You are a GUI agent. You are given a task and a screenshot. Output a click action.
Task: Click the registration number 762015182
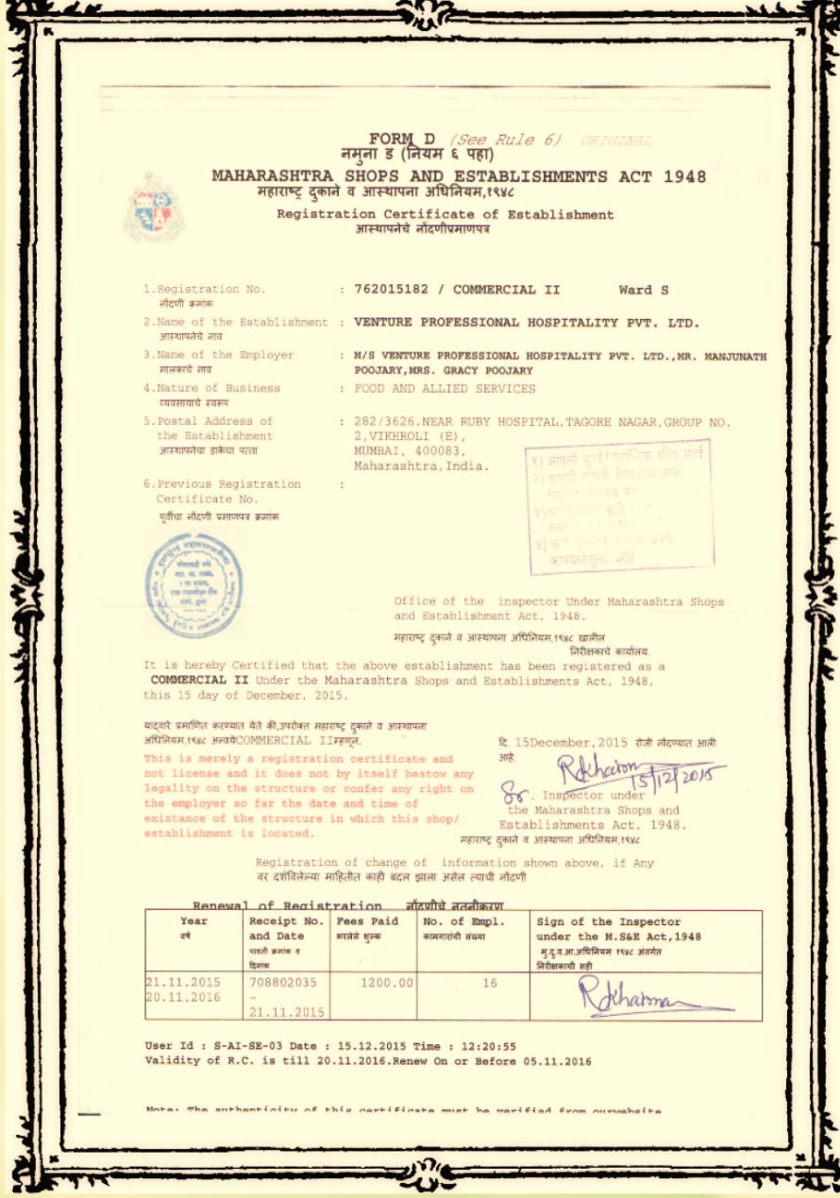click(390, 290)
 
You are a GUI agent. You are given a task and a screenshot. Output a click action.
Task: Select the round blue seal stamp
click(193, 585)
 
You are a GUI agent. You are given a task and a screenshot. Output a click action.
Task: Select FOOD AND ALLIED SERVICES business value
click(445, 388)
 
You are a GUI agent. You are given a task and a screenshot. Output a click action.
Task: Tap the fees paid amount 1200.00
click(387, 983)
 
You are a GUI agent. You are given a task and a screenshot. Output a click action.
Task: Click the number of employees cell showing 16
click(490, 983)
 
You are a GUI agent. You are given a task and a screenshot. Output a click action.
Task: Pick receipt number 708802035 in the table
click(283, 983)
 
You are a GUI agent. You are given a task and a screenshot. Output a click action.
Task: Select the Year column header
click(193, 921)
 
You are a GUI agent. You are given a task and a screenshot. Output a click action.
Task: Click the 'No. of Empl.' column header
click(464, 921)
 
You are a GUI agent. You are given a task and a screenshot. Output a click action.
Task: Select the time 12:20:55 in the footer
click(490, 1046)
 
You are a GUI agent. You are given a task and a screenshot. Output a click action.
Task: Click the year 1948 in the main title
click(684, 177)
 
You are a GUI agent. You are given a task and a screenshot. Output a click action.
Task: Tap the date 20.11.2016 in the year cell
click(183, 997)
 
